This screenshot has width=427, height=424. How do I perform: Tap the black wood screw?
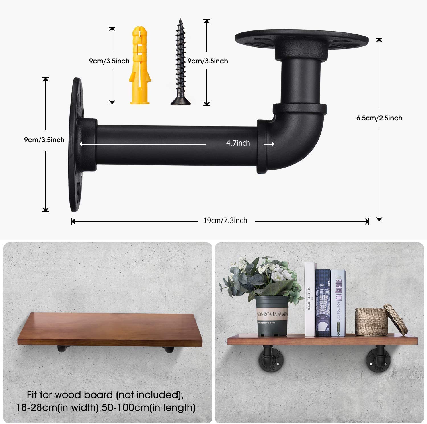coord(180,63)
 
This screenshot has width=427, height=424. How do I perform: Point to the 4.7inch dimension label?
coord(238,143)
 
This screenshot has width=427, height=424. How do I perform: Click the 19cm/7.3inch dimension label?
coord(225,221)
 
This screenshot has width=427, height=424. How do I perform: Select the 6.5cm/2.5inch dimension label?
coord(379,118)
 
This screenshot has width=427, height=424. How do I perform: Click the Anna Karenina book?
coord(338,303)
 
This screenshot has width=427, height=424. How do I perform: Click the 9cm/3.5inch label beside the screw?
coord(208,61)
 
